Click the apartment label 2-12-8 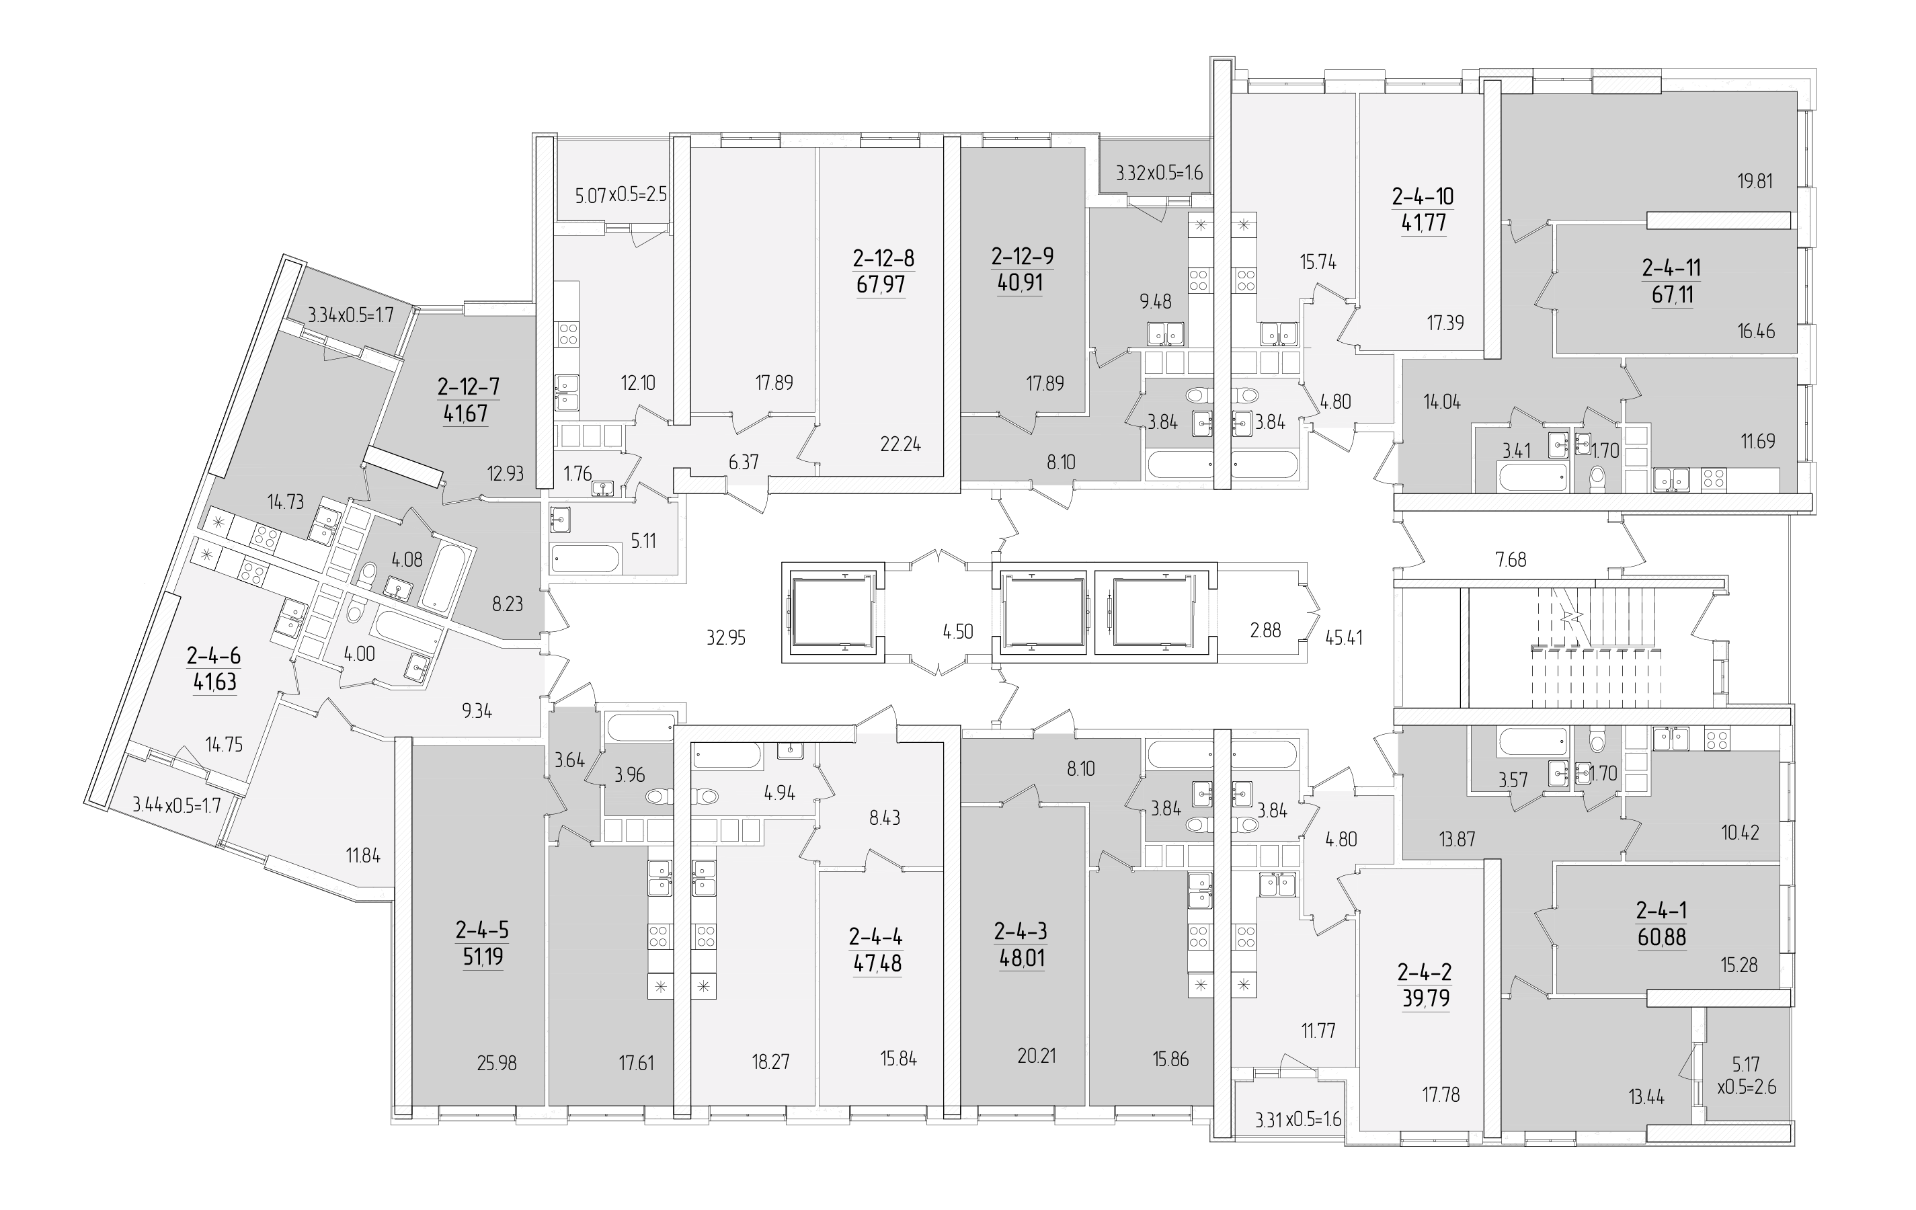point(883,259)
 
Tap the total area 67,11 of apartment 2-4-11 point(1672,295)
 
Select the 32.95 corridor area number point(725,637)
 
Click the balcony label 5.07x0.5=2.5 point(621,195)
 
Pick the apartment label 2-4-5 point(482,929)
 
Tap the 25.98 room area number point(497,1063)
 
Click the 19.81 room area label point(1755,182)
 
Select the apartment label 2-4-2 point(1425,971)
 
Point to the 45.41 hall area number point(1344,637)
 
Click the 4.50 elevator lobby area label point(958,632)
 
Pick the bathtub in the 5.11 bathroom point(586,558)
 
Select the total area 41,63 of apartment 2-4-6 point(215,682)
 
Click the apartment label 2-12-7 point(468,387)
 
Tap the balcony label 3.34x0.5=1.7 point(351,315)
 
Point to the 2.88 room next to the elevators point(1265,631)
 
